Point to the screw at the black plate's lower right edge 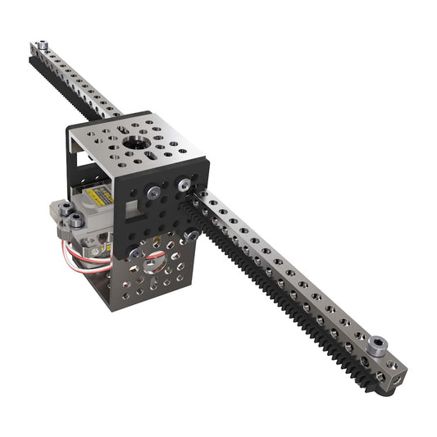click(x=190, y=235)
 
